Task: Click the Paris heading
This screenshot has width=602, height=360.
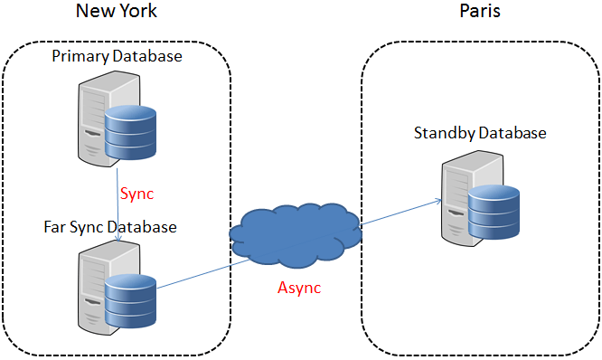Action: (479, 12)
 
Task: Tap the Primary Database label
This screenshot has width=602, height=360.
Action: (117, 56)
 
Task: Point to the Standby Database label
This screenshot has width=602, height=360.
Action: (480, 133)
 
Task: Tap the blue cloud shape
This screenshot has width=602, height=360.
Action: (296, 238)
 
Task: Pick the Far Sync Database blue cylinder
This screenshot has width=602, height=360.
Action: (131, 302)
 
